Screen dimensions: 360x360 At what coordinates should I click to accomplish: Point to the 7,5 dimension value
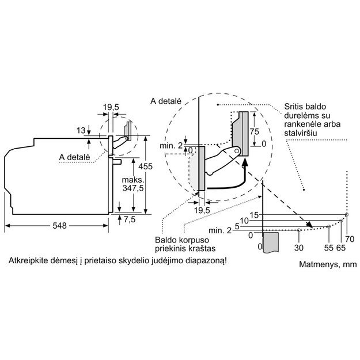click(x=129, y=219)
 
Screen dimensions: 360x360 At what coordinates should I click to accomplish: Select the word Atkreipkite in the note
click(x=28, y=261)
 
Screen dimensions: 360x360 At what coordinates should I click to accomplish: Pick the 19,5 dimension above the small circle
click(x=111, y=107)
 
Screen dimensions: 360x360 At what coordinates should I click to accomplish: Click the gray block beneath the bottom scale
click(x=271, y=241)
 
